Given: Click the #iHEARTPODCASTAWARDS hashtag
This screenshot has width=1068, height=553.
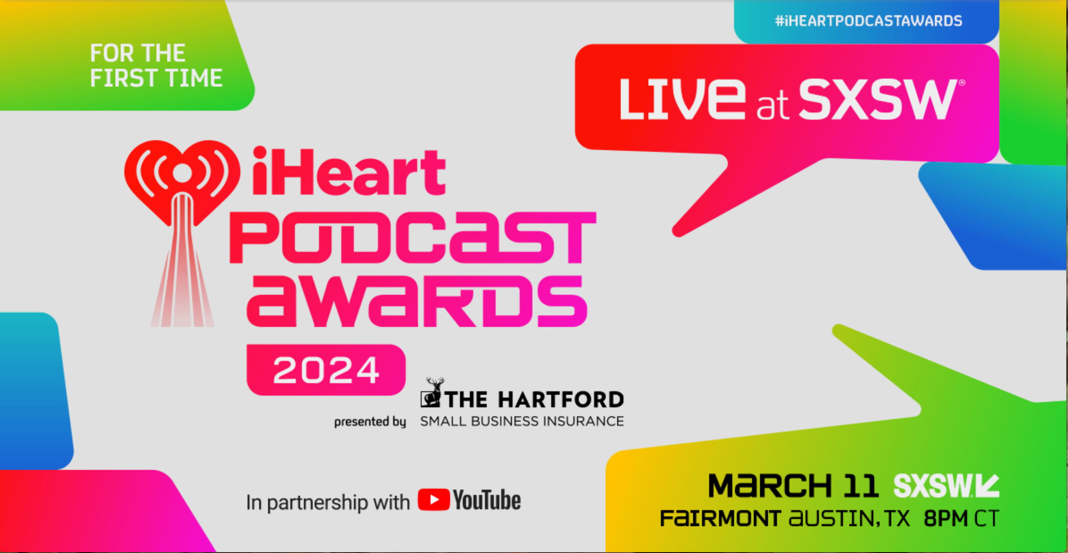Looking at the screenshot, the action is coord(868,21).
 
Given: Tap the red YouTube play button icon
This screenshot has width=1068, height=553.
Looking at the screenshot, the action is coord(434,499).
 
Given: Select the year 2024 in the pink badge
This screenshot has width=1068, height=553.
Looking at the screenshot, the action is coord(326,370).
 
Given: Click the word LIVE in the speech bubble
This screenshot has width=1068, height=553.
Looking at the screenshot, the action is coord(682,99).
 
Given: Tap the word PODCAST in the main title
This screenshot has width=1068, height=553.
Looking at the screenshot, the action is coord(413,237).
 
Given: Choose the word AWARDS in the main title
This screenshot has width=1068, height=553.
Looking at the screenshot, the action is coord(417,301).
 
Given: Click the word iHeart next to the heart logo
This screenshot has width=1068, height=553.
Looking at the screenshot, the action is coord(349,171).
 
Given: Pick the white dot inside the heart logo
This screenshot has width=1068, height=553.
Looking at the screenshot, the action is coord(182,172).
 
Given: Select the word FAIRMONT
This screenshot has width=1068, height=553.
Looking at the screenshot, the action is coord(720,519).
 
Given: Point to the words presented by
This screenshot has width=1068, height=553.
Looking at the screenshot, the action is coord(370,422).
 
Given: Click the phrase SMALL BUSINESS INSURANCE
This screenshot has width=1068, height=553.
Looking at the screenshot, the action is coord(522,421).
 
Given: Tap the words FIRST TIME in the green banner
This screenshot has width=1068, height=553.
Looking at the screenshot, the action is coord(156,78).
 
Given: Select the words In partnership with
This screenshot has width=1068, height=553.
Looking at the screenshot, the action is coord(328,502).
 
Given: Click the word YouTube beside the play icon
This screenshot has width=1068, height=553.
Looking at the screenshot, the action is coord(487,500).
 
